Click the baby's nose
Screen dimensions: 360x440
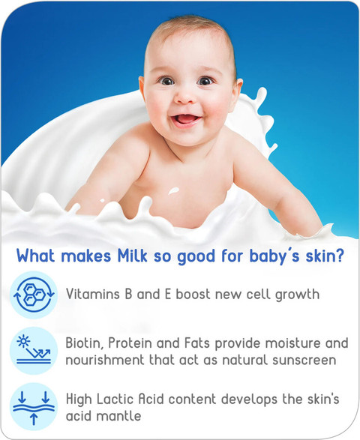point(184,96)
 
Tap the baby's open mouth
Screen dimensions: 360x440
point(187,119)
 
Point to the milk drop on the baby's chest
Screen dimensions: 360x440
point(173,190)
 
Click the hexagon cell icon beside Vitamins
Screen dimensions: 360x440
point(34,295)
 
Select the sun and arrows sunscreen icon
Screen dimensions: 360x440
point(34,351)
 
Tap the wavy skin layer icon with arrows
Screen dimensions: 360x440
point(34,406)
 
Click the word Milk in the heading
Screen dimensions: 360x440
point(132,256)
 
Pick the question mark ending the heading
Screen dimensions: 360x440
point(339,256)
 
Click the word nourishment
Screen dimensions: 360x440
point(105,361)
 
